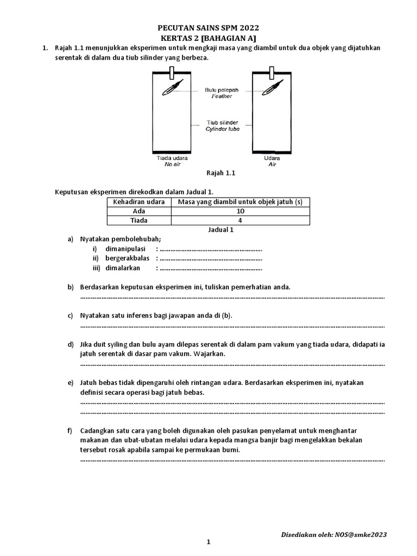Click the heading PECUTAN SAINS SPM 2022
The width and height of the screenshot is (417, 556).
click(x=208, y=27)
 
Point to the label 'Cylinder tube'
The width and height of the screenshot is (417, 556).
click(x=222, y=129)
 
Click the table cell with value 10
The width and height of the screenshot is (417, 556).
click(x=241, y=211)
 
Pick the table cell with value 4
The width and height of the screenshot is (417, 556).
click(x=241, y=220)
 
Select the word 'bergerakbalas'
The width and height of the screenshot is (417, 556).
click(x=127, y=258)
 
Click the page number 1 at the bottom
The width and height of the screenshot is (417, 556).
click(x=208, y=542)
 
